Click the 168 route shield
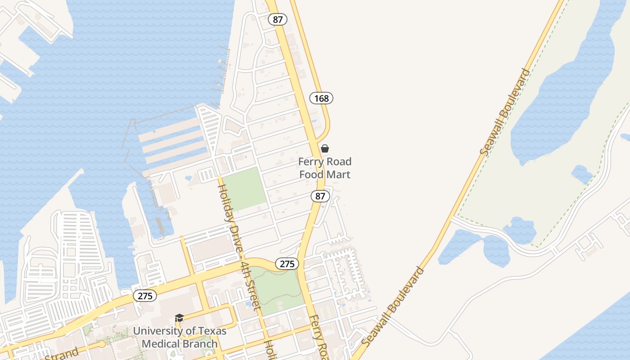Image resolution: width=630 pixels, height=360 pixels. click(x=321, y=98)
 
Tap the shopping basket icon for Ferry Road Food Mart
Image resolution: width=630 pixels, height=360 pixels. click(x=325, y=148)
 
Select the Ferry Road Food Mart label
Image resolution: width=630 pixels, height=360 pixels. click(x=325, y=168)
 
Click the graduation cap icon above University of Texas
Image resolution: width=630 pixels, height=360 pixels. click(x=179, y=318)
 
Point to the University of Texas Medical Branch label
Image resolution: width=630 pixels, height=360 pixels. click(x=180, y=337)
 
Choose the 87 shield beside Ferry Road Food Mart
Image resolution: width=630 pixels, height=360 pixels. click(x=320, y=196)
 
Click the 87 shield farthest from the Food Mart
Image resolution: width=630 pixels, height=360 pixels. click(x=277, y=19)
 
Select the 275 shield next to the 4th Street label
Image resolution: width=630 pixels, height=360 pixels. click(x=287, y=264)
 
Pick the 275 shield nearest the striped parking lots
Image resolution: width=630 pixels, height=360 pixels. click(x=145, y=296)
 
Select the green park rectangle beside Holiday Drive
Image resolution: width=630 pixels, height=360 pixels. click(x=244, y=189)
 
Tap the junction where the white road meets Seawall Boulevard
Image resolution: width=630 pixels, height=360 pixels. click(x=451, y=219)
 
